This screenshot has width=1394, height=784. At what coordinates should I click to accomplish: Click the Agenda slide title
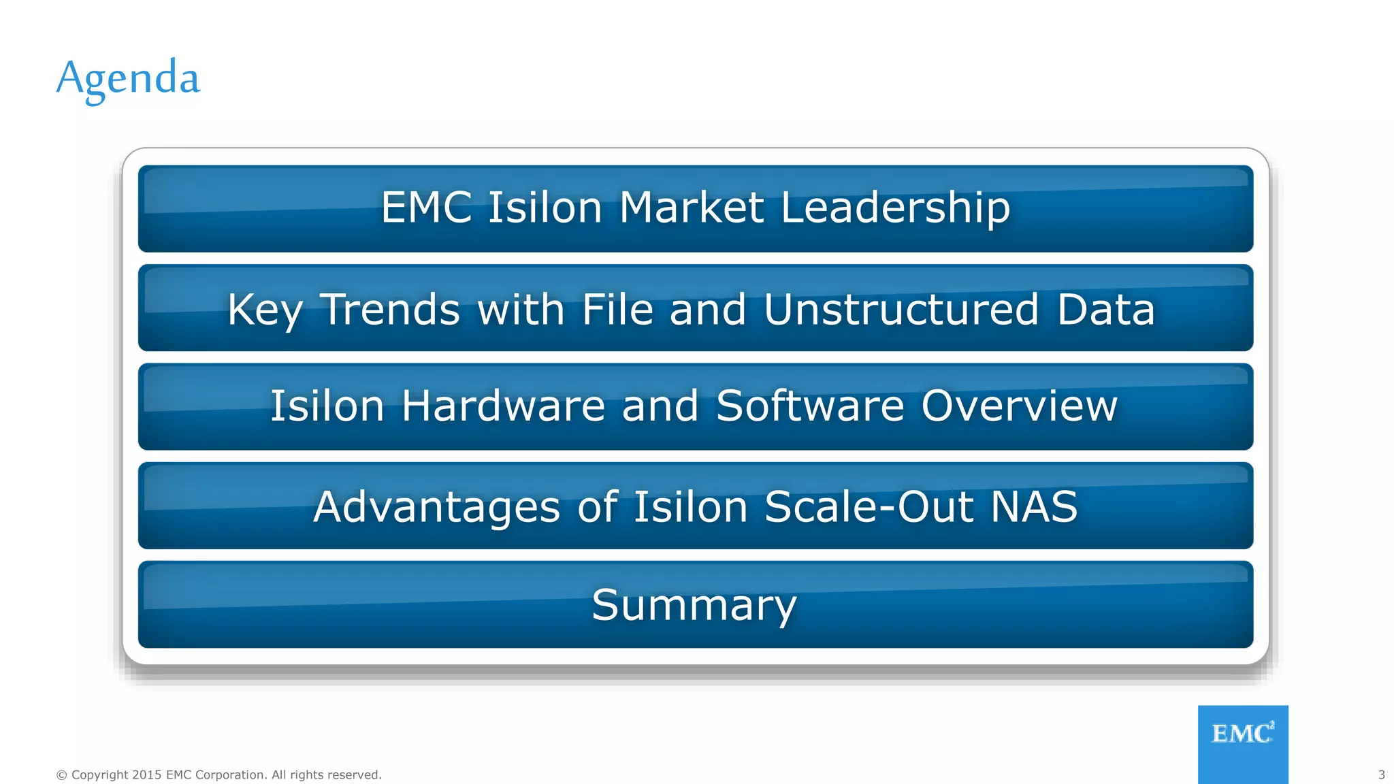coord(128,78)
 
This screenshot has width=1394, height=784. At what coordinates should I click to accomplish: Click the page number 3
coord(1381,774)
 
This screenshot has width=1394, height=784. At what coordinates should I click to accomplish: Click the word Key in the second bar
coord(265,310)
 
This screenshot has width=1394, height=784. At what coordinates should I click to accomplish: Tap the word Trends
coord(390,310)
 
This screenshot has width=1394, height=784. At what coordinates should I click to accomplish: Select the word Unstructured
coord(901,310)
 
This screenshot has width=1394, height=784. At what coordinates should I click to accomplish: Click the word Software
coord(809,406)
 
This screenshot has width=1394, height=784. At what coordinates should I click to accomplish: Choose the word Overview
coord(1019,406)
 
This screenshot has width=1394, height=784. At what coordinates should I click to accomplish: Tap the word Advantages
coord(436,508)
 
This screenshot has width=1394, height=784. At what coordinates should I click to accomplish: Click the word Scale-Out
coord(869,507)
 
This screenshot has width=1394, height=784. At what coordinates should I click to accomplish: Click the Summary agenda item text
coord(694,605)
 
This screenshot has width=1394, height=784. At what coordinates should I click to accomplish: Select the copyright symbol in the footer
coord(61,775)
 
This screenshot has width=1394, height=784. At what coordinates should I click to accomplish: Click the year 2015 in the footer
coord(146,775)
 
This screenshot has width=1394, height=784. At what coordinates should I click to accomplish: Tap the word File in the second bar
coord(617,310)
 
